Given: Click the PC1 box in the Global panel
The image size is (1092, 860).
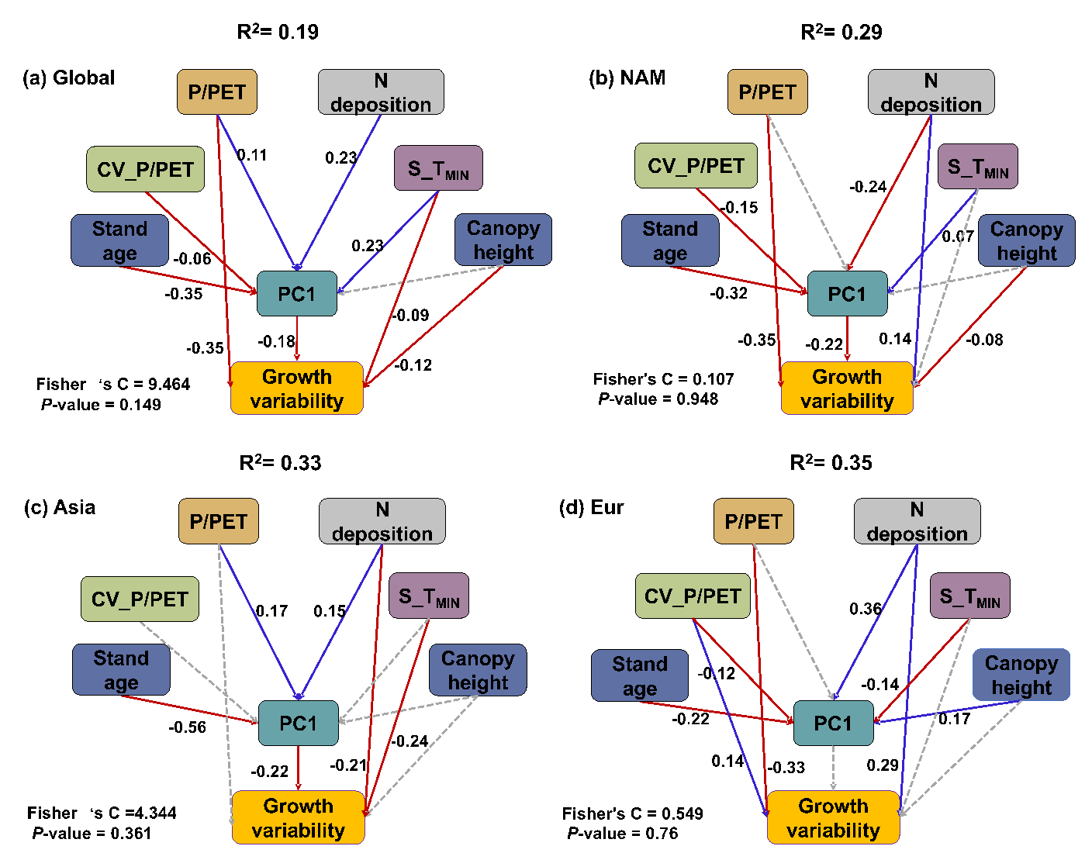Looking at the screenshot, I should pos(297,294).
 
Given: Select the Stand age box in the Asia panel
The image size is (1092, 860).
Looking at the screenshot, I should pos(121,670).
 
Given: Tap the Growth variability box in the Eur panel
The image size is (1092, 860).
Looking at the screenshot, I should pos(834,817).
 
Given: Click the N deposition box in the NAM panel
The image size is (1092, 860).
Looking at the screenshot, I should pos(931,92).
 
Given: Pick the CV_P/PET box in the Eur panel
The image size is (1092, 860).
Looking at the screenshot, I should pos(693,596).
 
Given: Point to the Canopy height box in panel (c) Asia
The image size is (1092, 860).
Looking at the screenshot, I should pos(478,670).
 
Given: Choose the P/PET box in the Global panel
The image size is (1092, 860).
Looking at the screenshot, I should pos(216,92).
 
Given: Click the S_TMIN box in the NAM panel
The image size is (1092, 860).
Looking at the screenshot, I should pos(977,167).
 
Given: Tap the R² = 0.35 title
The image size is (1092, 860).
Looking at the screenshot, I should pos(831,463).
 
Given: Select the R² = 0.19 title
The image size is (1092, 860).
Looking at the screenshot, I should pos(277,32).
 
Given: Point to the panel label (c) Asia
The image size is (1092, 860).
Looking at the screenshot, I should pos(60,508).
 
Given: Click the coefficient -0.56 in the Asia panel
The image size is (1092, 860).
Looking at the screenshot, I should pos(187,727).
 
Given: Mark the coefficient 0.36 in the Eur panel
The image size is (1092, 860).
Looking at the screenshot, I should pos(866,609).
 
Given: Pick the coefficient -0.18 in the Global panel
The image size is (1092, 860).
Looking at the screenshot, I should pos(277,341).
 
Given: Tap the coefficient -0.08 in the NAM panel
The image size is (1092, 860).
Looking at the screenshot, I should pos(984,340).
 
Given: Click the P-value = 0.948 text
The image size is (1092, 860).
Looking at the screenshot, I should pos(658,399).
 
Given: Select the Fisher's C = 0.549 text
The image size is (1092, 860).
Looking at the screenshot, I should pos(632,813).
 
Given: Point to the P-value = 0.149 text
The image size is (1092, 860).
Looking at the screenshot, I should pos(101,404).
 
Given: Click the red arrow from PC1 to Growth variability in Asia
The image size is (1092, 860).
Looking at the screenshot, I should pos(299,768).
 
